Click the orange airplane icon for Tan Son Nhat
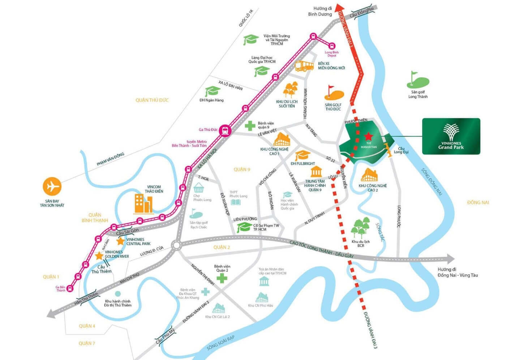[x=52, y=187]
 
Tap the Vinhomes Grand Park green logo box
[x=451, y=136]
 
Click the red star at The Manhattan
[x=368, y=136]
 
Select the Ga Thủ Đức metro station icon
[x=225, y=130]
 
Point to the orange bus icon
[x=304, y=66]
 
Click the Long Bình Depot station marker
[x=332, y=46]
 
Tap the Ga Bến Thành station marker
[x=70, y=288]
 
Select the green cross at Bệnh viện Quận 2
[x=222, y=278]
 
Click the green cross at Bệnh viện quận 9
[x=250, y=126]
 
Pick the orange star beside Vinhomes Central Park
[x=120, y=241]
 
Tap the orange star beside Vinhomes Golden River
[x=99, y=256]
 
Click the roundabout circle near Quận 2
[x=176, y=246]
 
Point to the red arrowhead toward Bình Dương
[x=339, y=8]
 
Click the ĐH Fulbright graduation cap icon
[x=302, y=155]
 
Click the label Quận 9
[x=242, y=169]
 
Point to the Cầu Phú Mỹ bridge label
[x=165, y=336]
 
